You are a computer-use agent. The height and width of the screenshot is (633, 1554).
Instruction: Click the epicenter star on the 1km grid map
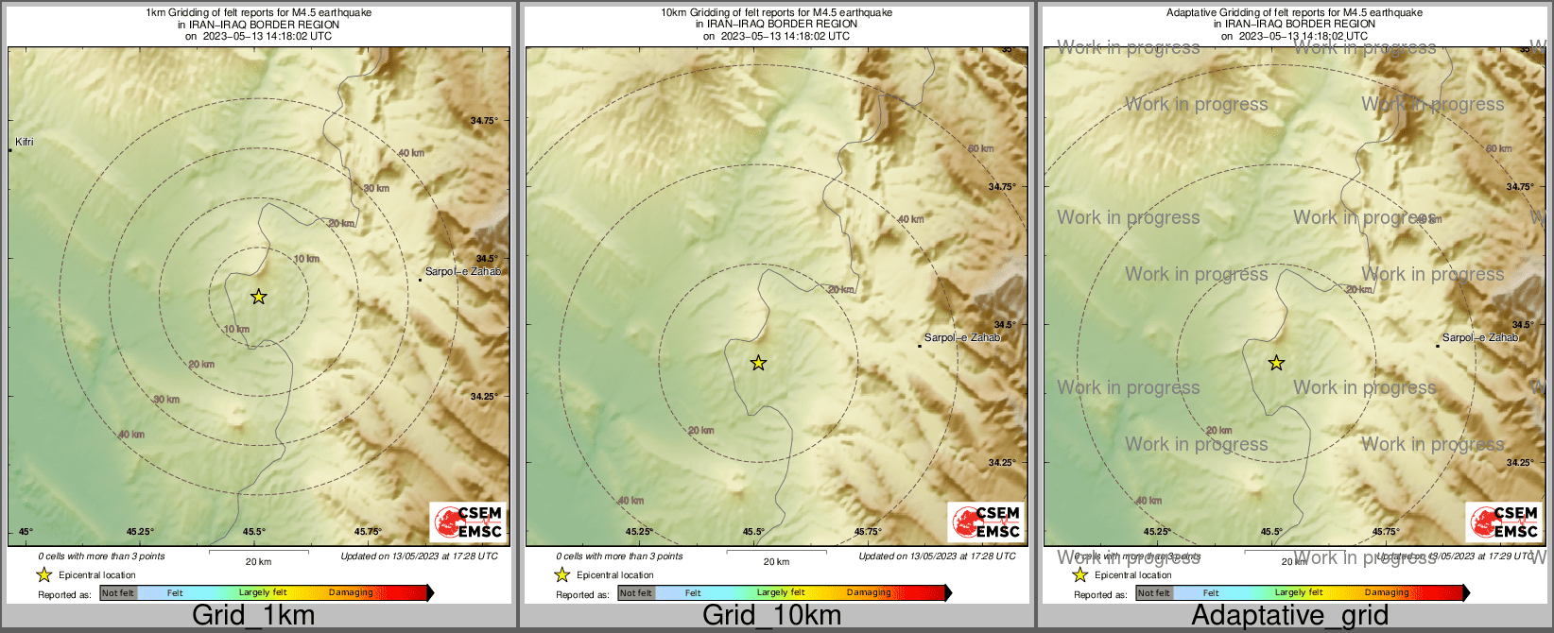[x=258, y=297]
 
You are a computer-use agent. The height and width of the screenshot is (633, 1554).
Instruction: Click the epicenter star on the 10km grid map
[x=758, y=363]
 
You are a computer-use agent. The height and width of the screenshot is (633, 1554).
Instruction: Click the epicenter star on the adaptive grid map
[x=1276, y=363]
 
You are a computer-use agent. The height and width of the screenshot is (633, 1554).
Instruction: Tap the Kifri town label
[x=25, y=143]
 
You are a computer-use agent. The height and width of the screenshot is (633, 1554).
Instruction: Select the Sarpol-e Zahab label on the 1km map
[x=462, y=272]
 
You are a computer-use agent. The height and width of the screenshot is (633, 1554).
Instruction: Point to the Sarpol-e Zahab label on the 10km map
[x=961, y=338]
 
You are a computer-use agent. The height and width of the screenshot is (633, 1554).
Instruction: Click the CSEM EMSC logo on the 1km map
[x=467, y=522]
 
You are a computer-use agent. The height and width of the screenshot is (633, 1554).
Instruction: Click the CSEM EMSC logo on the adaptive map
[x=1503, y=522]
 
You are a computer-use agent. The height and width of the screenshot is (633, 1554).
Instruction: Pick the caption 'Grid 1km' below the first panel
[x=253, y=616]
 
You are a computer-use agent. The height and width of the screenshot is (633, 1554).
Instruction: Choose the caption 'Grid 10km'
[x=771, y=616]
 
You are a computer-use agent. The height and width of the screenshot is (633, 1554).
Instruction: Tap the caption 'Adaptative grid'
[x=1289, y=616]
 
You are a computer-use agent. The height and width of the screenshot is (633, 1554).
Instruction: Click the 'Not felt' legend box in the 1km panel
[x=118, y=593]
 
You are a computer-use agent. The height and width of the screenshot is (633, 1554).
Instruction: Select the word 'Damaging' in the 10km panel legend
[x=869, y=593]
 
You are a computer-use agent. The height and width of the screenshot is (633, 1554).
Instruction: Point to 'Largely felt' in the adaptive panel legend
[x=1299, y=593]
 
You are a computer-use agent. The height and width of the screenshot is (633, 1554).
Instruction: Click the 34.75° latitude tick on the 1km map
[x=484, y=121]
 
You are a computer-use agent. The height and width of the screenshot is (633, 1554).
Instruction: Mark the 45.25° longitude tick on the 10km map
[x=640, y=532]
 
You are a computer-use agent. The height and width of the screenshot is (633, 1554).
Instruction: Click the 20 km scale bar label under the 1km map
[x=258, y=562]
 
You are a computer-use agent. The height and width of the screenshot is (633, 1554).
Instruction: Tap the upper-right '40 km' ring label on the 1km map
[x=411, y=153]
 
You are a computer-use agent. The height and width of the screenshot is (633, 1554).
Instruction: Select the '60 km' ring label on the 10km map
[x=980, y=149]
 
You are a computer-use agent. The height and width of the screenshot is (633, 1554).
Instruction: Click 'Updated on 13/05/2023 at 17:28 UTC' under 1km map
[x=419, y=556]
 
